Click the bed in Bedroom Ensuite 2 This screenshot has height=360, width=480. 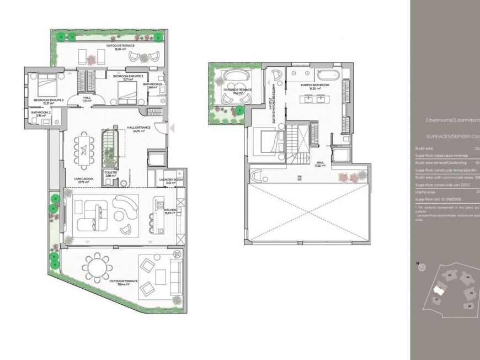pos(41,87)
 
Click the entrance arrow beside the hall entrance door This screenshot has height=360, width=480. pos(172,128)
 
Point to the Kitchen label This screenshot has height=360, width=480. pos(169,211)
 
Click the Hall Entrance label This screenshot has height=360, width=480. pos(135,129)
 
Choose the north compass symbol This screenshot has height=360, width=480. pos(422,267)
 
